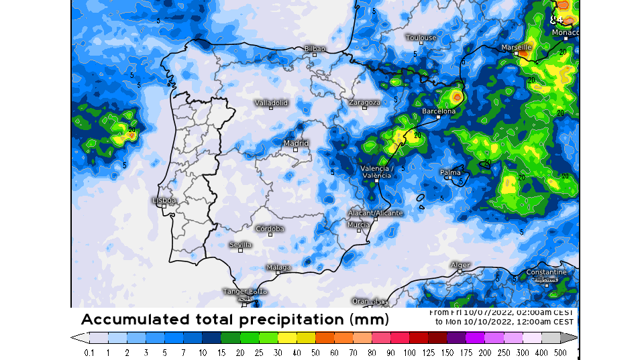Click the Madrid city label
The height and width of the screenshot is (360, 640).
click(296, 143)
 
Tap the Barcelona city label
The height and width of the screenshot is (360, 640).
click(438, 111)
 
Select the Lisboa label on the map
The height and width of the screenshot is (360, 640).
click(164, 200)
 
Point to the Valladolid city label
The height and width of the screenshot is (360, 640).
click(271, 103)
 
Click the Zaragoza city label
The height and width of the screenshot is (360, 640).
click(364, 103)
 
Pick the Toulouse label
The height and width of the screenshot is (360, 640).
click(421, 38)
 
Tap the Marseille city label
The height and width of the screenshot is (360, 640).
click(517, 48)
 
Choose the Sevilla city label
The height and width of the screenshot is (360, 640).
click(240, 245)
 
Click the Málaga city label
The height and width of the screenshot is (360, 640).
click(278, 267)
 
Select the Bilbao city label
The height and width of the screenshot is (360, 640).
click(314, 48)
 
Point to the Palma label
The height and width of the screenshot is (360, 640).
click(450, 172)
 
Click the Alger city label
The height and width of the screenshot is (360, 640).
click(460, 265)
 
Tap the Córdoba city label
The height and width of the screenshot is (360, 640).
click(270, 229)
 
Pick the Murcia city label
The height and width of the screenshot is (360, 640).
click(358, 225)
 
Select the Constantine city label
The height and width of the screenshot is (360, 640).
click(546, 272)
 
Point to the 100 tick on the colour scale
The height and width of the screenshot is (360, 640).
click(409, 352)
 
